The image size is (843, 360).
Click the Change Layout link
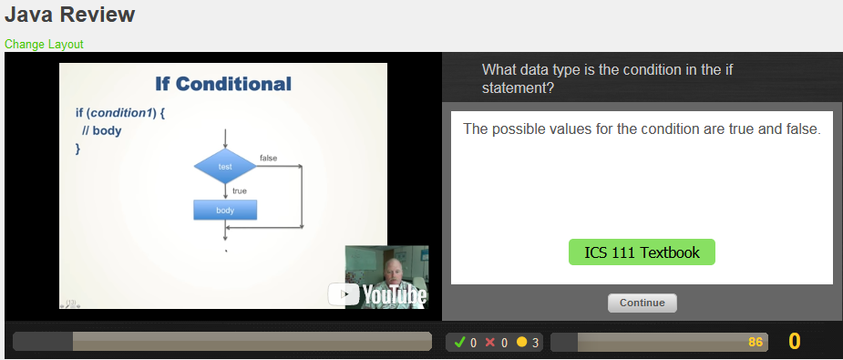coord(44,44)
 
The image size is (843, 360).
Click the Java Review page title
coord(69,15)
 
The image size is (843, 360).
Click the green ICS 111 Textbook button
coord(642,252)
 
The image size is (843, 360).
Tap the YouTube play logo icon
coord(343,293)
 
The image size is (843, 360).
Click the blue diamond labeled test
coord(225,166)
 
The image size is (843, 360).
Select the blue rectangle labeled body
coord(225,211)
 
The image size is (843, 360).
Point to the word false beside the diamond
coord(269,159)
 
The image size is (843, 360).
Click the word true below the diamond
coord(240,190)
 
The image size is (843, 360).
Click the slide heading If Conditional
coord(223,84)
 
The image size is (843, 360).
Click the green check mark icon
coord(459,343)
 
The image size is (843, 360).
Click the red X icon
coord(490,343)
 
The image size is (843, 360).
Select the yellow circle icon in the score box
coord(522,343)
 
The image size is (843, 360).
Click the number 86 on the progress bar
coord(755,342)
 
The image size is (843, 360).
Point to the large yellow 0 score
coord(795,342)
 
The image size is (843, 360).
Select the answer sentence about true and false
coord(642,129)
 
